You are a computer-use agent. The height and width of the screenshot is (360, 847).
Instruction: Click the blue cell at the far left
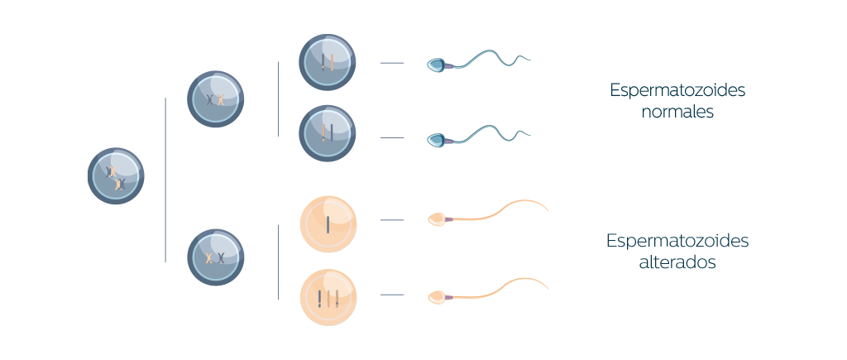click(x=116, y=175)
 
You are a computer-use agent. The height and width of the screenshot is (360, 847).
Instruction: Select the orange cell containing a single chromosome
click(x=328, y=223)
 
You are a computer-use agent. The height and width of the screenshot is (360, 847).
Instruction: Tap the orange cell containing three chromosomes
click(x=328, y=297)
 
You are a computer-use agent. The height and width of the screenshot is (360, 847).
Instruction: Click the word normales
click(x=677, y=112)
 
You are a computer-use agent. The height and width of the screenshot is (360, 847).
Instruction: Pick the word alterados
click(x=677, y=262)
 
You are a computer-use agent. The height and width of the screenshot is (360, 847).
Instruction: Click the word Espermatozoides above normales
click(x=677, y=91)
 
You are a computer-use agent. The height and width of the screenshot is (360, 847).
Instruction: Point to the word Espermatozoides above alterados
click(x=677, y=241)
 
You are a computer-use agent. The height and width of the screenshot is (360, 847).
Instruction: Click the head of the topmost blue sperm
click(x=436, y=65)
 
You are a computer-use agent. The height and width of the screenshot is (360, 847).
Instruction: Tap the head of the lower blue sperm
click(x=436, y=141)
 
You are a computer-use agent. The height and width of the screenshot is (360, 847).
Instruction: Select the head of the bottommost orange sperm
click(x=436, y=297)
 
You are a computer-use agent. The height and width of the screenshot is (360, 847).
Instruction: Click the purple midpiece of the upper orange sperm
click(x=448, y=219)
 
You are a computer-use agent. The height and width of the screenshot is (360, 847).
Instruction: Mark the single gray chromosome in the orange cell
click(x=328, y=224)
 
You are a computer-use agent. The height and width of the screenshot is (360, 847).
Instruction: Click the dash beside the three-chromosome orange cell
click(x=391, y=295)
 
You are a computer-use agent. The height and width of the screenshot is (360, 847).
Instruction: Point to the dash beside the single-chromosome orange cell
click(x=391, y=220)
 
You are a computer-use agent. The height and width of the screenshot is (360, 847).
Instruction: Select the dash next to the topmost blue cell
click(x=391, y=63)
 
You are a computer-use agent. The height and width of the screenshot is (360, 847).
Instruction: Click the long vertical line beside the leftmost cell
click(x=165, y=180)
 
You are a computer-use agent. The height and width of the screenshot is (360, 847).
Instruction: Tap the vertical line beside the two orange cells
click(x=278, y=262)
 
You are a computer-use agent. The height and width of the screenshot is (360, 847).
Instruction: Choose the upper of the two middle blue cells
click(x=216, y=99)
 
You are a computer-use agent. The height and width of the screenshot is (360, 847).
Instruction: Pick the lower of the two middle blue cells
click(x=216, y=257)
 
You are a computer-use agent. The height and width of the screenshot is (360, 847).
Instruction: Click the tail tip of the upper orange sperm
click(x=548, y=209)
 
